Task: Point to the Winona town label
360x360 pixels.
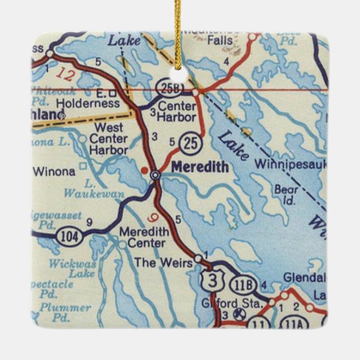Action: [54, 170]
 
